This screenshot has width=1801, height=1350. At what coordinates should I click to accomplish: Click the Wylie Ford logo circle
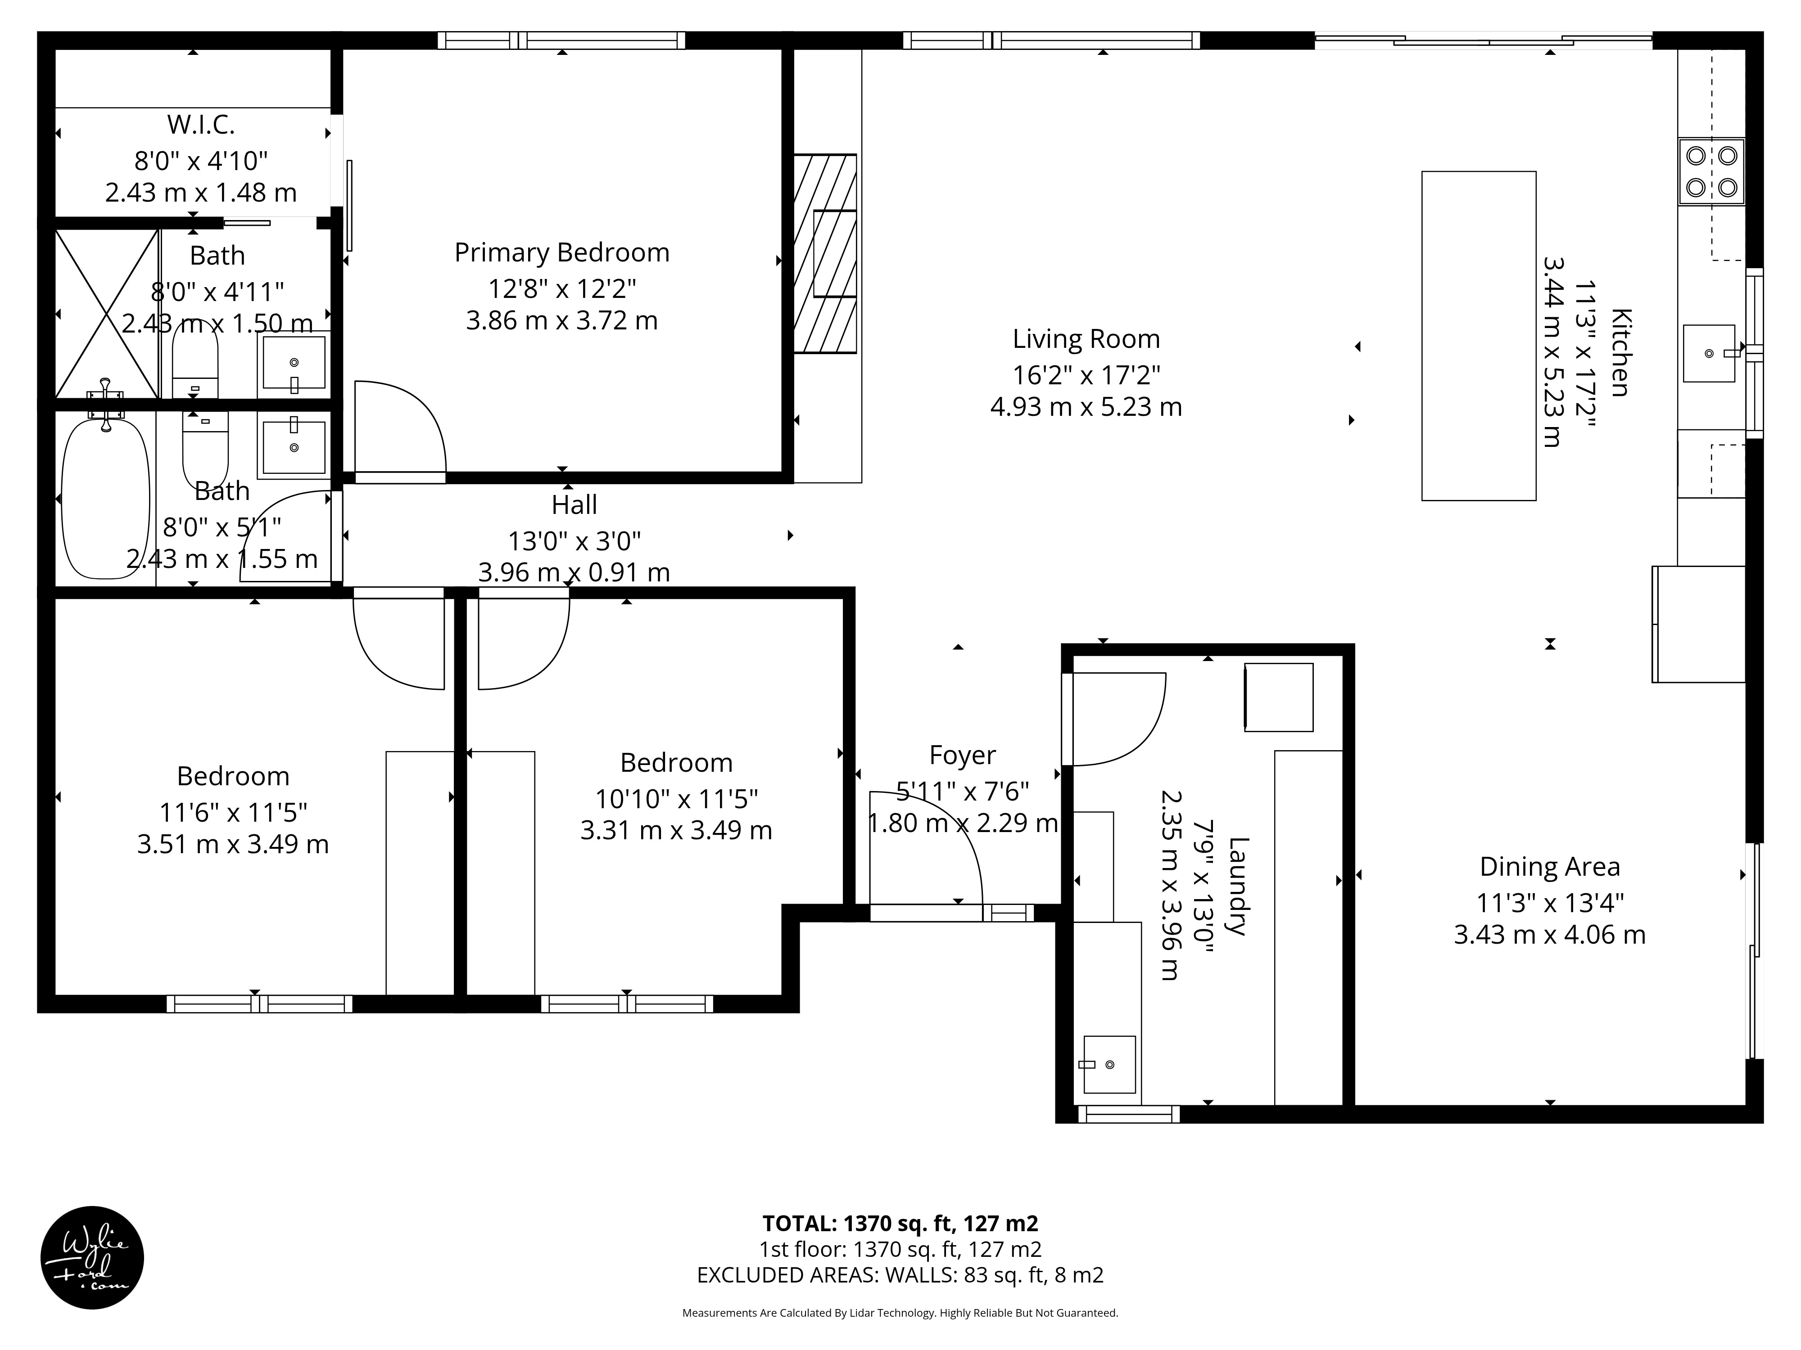point(92,1257)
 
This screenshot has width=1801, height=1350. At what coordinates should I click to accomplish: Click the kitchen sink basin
point(1708,353)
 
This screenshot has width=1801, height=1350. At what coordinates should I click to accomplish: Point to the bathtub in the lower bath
point(106,498)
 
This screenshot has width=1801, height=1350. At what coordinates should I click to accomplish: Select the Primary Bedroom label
point(562,252)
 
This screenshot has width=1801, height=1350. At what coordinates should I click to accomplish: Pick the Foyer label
point(962,755)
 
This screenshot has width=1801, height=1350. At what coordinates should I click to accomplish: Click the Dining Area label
point(1549,867)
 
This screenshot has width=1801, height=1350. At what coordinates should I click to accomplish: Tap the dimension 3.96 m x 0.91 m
point(574,572)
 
